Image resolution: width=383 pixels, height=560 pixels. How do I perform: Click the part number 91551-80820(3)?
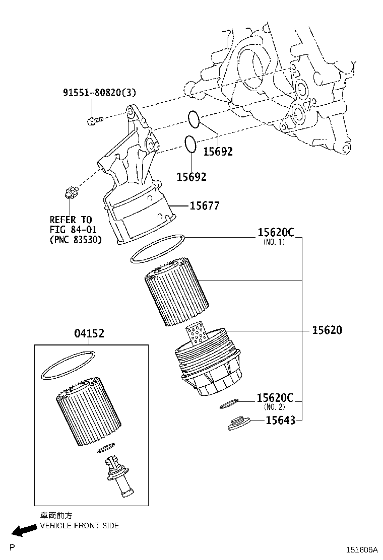coord(99,93)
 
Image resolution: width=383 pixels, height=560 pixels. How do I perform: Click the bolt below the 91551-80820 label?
coord(94,120)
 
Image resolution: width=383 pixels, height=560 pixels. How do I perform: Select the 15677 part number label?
coord(205,205)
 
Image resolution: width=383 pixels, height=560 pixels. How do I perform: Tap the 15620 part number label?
coord(327,330)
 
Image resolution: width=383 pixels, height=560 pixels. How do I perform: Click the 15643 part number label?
coord(280,419)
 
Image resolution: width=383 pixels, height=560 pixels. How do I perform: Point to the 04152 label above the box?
coord(90,333)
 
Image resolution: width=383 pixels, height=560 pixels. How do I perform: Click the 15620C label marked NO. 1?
coord(275,233)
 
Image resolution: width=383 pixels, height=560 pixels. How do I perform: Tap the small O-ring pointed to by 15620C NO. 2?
coord(229,403)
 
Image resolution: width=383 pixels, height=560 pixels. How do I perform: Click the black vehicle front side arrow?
coord(22,530)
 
